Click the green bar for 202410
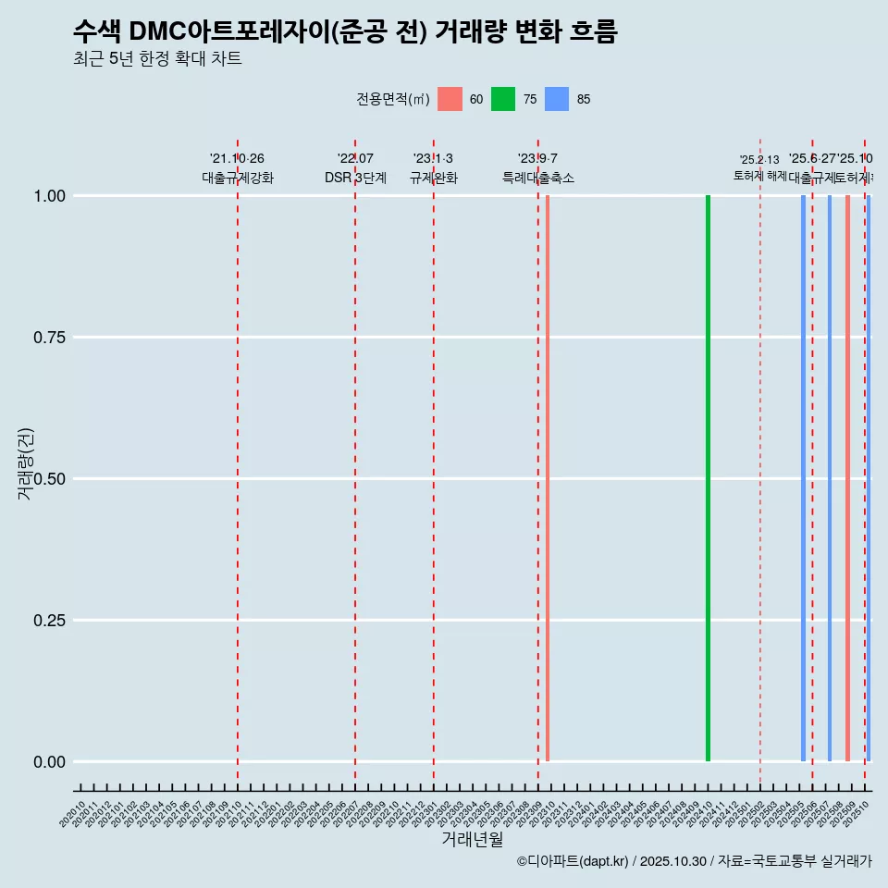(x=708, y=478)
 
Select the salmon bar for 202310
(x=548, y=478)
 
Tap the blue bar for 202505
(x=803, y=478)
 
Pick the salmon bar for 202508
(x=847, y=478)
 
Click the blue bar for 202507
(x=830, y=478)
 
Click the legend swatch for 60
(x=450, y=99)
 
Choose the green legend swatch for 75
(x=503, y=99)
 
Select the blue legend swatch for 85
(x=557, y=99)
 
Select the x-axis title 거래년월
(x=472, y=840)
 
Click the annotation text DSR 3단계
(x=355, y=178)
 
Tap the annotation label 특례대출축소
(x=537, y=178)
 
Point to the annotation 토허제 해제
(x=759, y=175)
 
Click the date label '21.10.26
(x=237, y=159)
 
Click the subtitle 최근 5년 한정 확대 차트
(x=157, y=59)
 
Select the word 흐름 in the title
(x=588, y=31)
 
